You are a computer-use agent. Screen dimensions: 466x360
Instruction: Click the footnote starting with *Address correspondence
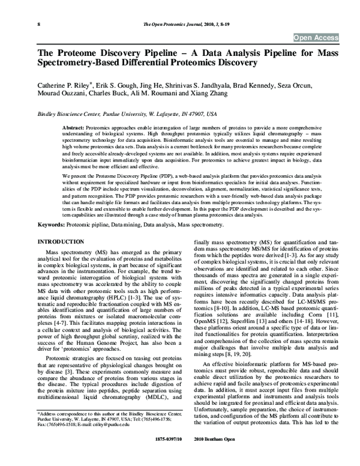coord(107,431)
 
